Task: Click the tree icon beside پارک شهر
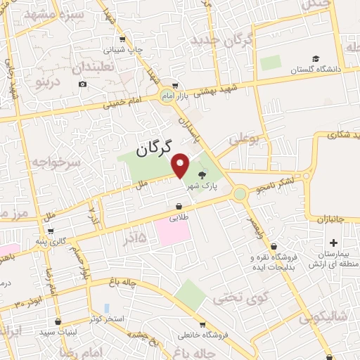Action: (203, 175)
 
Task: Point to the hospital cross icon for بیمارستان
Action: (352, 243)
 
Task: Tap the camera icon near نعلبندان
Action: (82, 84)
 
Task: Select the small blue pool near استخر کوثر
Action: (106, 309)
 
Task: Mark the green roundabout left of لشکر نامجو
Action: (240, 192)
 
